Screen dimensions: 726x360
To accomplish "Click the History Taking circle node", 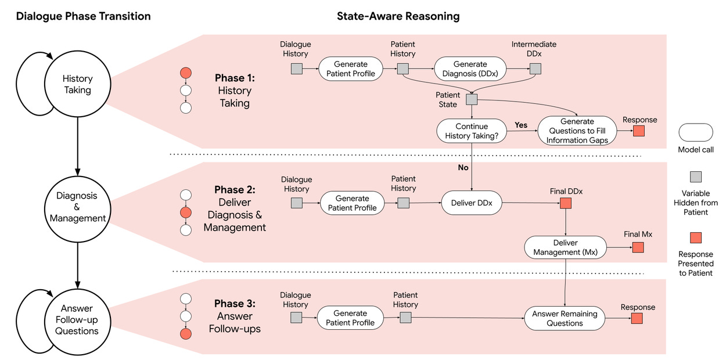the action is click(77, 84).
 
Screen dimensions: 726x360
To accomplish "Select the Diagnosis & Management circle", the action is click(77, 209).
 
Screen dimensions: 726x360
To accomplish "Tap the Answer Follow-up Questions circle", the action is click(77, 322).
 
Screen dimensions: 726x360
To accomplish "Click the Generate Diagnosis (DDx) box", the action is click(470, 69).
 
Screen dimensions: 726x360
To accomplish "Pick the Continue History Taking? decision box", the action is click(472, 131).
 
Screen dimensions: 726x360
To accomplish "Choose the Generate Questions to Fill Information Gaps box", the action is click(577, 131).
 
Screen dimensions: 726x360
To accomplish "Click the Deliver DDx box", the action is click(472, 203).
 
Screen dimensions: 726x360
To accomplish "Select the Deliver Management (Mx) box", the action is click(565, 247).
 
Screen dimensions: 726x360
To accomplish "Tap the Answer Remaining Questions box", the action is click(565, 318).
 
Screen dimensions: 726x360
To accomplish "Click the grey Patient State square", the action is click(472, 99).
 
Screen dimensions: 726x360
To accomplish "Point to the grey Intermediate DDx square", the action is click(535, 69).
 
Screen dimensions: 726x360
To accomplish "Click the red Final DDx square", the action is click(566, 203).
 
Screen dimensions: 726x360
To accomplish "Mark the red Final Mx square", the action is click(638, 247).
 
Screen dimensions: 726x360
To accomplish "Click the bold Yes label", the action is click(521, 125).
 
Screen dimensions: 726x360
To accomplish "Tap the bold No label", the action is click(463, 168).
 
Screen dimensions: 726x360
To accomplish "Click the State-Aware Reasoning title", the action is click(398, 16).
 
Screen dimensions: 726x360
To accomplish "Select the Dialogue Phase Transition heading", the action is click(83, 16).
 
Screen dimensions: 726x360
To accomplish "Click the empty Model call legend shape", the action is click(696, 132).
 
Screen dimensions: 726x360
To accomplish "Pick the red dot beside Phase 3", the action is click(186, 334).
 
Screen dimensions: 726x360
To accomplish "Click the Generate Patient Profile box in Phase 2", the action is click(352, 203).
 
